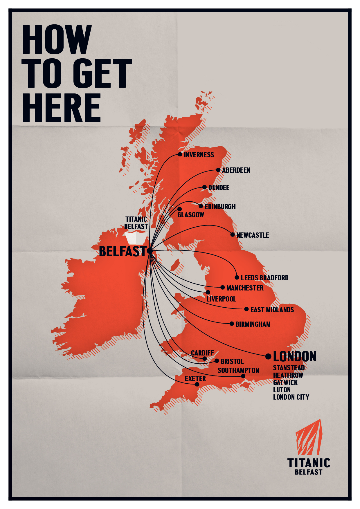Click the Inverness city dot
tap(180, 154)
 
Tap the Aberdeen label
tap(236, 170)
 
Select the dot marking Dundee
tap(204, 187)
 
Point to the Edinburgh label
tap(220, 207)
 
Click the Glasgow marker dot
tap(179, 209)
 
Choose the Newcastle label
tap(253, 235)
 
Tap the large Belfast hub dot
tap(150, 251)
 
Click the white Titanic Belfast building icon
tap(135, 237)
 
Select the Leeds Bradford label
tap(264, 278)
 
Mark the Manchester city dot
tap(222, 287)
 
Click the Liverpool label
tap(221, 299)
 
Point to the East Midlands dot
tap(246, 309)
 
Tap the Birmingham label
tap(253, 324)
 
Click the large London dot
tap(268, 356)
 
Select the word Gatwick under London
tap(285, 382)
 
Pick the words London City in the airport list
tap(291, 397)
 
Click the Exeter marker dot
tap(197, 384)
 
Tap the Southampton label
tap(238, 370)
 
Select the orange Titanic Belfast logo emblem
tap(309, 437)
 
